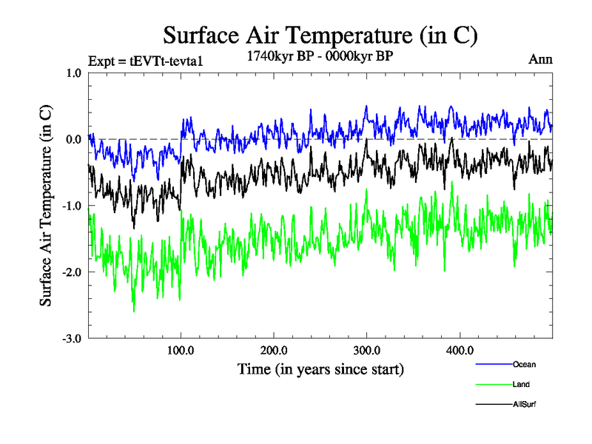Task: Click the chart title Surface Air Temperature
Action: click(320, 35)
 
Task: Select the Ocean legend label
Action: click(524, 364)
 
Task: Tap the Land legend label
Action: click(521, 384)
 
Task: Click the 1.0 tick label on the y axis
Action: click(73, 73)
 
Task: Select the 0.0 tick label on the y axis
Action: click(73, 139)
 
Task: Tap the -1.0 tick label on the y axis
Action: click(72, 206)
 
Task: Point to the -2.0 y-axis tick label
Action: click(72, 272)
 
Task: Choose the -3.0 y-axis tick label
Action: click(72, 339)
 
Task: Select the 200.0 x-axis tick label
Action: click(274, 350)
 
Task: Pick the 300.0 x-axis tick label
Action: click(367, 350)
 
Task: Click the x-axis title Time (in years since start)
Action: click(320, 368)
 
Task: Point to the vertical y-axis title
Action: click(46, 206)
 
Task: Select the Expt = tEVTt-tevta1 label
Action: click(145, 61)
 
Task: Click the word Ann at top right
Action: click(540, 59)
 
